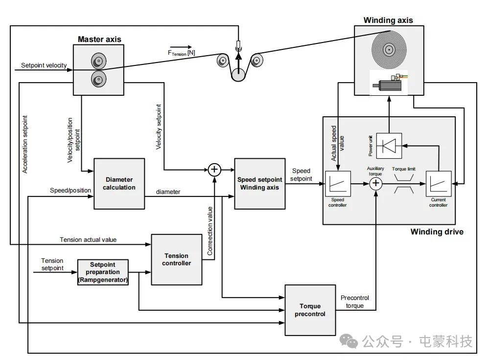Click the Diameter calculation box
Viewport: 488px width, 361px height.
(x=119, y=184)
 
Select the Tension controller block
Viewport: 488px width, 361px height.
(x=176, y=259)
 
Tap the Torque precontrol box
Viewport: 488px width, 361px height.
(x=310, y=310)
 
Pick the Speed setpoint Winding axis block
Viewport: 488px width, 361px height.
(x=259, y=184)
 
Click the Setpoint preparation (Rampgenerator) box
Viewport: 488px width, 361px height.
(x=103, y=272)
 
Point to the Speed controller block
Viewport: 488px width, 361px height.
(x=338, y=184)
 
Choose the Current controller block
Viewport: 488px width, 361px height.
(x=438, y=184)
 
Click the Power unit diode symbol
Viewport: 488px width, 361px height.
(x=389, y=145)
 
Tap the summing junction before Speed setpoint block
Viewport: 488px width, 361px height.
(x=214, y=170)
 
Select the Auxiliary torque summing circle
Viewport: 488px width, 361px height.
(x=375, y=184)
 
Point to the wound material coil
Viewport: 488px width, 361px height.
(x=389, y=49)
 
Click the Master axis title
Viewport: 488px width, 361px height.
(x=99, y=39)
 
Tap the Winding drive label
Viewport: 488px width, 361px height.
(x=437, y=232)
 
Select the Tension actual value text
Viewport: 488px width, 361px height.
(x=88, y=240)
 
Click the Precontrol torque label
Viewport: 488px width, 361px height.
(x=354, y=301)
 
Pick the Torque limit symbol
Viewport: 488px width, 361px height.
(x=404, y=184)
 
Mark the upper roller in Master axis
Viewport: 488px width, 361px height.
(x=97, y=61)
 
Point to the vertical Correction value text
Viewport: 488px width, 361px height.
(x=210, y=231)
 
